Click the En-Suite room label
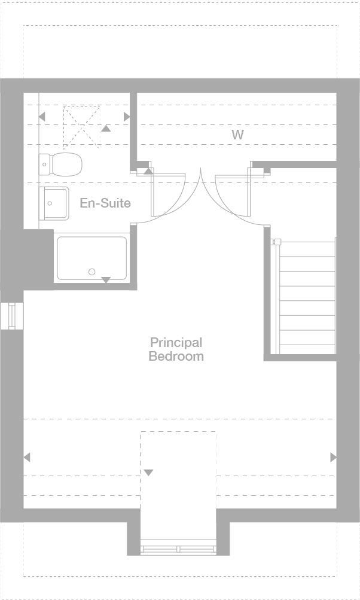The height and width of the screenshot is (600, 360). (105, 203)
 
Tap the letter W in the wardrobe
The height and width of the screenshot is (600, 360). (238, 135)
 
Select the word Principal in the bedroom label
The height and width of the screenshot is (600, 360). (176, 343)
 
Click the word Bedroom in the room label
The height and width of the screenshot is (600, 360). (176, 357)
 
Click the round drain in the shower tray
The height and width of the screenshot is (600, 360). (92, 272)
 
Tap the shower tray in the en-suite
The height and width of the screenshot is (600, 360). (91, 258)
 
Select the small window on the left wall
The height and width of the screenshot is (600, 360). (11, 315)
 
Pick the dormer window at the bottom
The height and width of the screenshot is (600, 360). (178, 547)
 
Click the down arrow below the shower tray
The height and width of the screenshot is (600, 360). (106, 280)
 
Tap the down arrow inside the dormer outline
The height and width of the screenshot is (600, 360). (148, 473)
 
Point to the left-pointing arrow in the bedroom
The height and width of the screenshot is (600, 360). (27, 457)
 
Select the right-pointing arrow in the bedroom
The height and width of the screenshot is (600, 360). (333, 457)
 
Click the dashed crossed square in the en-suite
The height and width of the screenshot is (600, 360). (81, 124)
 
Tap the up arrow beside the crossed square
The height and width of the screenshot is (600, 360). (106, 128)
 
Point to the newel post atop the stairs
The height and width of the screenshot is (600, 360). (277, 242)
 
